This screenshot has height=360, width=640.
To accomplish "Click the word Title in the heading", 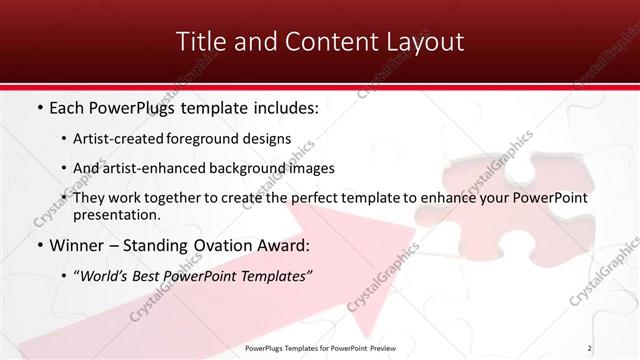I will pos(199,42).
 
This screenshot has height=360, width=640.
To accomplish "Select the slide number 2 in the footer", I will pos(590,348).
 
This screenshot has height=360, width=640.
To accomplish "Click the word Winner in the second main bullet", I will pos(77,245).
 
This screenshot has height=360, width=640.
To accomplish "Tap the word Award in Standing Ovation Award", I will pos(284,245).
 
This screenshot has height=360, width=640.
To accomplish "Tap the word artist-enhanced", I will pos(160,168).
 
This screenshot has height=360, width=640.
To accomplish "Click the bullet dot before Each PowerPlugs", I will pos(38,107).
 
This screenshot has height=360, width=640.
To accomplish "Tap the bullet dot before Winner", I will pos(38,245).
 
